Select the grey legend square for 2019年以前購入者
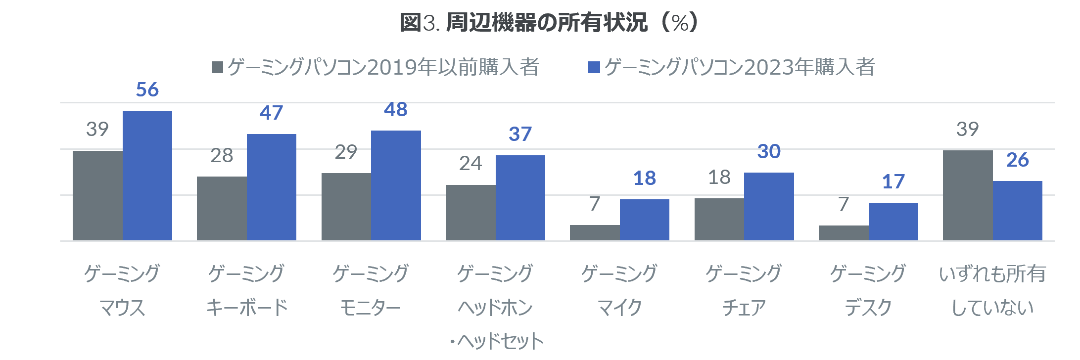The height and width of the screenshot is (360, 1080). pyautogui.click(x=217, y=67)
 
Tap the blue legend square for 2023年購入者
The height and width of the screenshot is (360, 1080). pyautogui.click(x=594, y=67)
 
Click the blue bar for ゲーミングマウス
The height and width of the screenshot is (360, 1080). pyautogui.click(x=147, y=176)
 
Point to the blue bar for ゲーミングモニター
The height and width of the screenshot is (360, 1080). pyautogui.click(x=396, y=185)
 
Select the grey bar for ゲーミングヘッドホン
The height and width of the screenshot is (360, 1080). pyautogui.click(x=470, y=213)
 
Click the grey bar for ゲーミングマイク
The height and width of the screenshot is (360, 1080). pyautogui.click(x=595, y=233)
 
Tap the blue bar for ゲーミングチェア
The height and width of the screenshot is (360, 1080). pyautogui.click(x=769, y=207)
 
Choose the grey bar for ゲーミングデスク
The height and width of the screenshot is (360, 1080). pyautogui.click(x=844, y=233)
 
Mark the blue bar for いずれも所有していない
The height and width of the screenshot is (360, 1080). pyautogui.click(x=1018, y=211)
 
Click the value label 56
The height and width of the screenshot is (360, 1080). pyautogui.click(x=147, y=90)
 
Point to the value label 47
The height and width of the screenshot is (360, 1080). pyautogui.click(x=271, y=113)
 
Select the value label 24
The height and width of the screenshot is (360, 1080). pyautogui.click(x=470, y=163)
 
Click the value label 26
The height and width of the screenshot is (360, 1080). pyautogui.click(x=1018, y=160)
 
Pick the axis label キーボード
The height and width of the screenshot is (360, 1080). pyautogui.click(x=246, y=308)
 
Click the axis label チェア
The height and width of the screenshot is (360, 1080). pyautogui.click(x=744, y=308)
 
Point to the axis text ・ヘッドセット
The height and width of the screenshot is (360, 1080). pyautogui.click(x=497, y=341)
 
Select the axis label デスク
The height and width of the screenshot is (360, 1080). pyautogui.click(x=868, y=308)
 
